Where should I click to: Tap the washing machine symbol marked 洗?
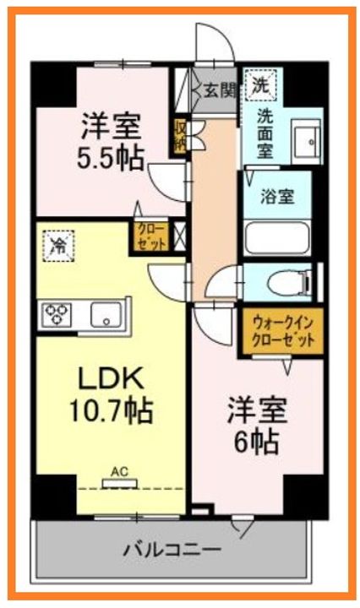259,86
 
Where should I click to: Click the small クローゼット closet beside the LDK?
152,236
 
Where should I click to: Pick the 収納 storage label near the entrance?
180,135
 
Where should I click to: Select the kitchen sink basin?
106,315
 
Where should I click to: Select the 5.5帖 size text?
112,157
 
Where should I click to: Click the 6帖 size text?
257,441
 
